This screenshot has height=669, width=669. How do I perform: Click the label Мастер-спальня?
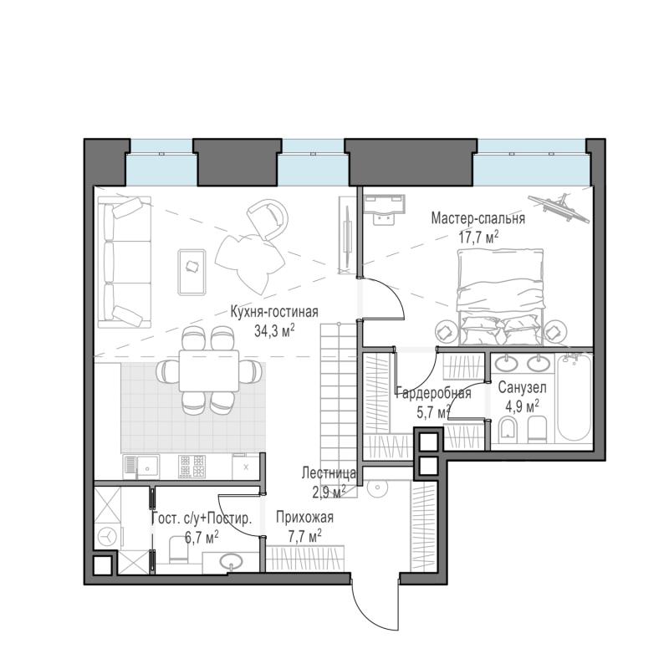click(477, 219)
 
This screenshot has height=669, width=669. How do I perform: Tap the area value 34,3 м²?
click(274, 330)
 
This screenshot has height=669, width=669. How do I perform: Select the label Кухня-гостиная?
click(274, 311)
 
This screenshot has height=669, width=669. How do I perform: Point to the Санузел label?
click(522, 388)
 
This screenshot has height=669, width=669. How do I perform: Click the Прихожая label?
click(304, 517)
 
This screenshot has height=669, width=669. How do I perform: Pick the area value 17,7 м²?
click(478, 237)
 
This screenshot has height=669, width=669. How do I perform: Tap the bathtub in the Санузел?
click(575, 397)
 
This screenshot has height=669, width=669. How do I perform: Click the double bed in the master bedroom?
click(500, 298)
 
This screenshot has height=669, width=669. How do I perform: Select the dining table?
click(209, 370)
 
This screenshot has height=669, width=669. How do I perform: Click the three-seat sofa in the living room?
click(125, 262)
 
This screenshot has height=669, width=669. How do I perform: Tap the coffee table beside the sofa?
click(192, 273)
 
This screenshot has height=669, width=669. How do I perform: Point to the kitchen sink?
click(141, 467)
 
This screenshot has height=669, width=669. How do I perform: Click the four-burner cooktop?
click(192, 466)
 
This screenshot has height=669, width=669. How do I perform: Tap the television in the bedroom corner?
click(559, 207)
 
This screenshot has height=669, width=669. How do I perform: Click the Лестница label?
click(329, 472)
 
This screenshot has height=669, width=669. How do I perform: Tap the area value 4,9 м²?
click(522, 406)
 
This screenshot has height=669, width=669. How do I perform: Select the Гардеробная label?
click(433, 393)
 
